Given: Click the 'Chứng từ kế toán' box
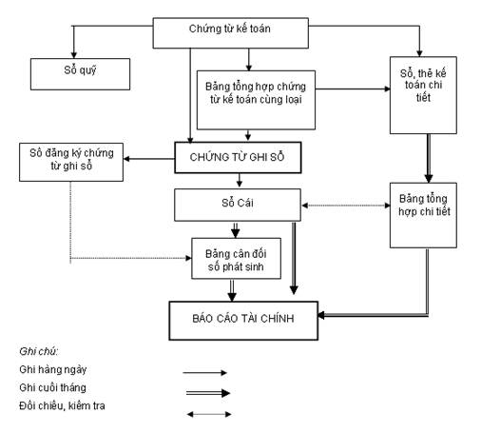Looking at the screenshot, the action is [x=231, y=33].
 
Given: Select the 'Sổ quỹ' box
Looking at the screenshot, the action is [x=80, y=74].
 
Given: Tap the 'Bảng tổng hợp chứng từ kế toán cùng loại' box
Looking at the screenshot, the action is [x=256, y=100].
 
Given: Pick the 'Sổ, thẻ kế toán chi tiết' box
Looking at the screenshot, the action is [x=423, y=95].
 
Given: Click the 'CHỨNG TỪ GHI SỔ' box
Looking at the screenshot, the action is [x=238, y=157].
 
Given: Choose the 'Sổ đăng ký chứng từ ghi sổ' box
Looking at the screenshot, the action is [x=71, y=162].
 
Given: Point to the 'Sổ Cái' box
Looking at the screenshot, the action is [x=238, y=205].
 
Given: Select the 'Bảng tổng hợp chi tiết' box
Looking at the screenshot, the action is [x=423, y=215].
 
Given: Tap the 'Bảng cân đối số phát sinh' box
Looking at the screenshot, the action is [x=236, y=259].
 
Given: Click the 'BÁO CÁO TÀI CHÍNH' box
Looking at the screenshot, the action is [x=243, y=321].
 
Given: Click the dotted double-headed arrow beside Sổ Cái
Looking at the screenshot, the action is [x=346, y=206].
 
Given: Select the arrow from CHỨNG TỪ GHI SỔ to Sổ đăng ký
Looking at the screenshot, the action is [x=149, y=159].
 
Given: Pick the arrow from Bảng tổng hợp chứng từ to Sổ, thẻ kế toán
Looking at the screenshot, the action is [x=353, y=89].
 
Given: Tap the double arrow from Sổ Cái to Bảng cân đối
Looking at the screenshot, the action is [x=235, y=229].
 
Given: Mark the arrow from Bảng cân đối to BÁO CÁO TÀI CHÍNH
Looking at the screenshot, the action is [x=232, y=290].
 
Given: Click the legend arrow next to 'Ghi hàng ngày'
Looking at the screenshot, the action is [x=204, y=372].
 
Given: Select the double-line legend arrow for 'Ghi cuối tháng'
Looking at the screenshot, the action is [x=208, y=393].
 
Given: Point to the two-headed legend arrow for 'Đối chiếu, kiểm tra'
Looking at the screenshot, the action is [x=209, y=414].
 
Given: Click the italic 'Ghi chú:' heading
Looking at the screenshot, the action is [x=39, y=351].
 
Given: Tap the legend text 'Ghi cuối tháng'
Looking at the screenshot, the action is [x=52, y=387].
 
